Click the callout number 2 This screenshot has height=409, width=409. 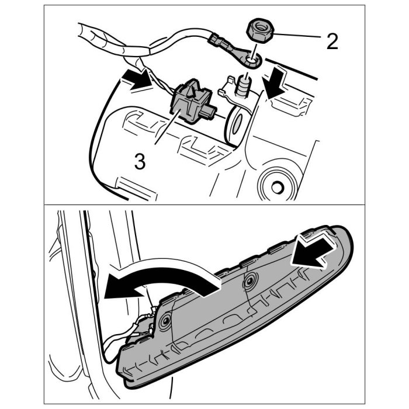click(332, 41)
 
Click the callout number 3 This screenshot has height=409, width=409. click(140, 161)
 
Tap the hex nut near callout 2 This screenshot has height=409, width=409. click(260, 32)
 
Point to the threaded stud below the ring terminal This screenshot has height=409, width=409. click(243, 86)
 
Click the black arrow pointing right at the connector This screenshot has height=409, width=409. click(137, 79)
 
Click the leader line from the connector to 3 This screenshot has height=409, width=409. click(167, 127)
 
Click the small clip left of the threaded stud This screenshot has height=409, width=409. click(225, 86)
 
